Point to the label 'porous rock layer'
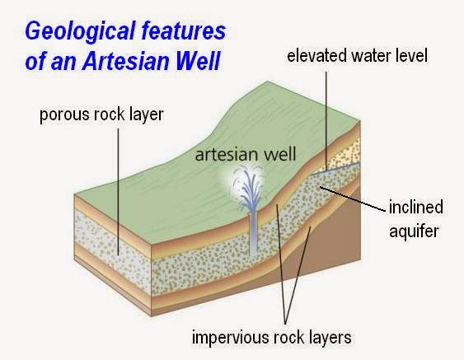click(x=101, y=115)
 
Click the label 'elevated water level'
click(x=357, y=56)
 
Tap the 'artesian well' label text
click(x=246, y=154)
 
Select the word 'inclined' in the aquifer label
click(x=415, y=207)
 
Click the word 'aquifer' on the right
click(x=414, y=231)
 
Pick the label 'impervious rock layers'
click(x=272, y=337)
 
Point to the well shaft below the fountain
click(x=252, y=234)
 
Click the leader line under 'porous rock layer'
click(x=118, y=191)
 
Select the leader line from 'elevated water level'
click(x=326, y=121)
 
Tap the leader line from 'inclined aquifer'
click(x=352, y=199)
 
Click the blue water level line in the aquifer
click(x=336, y=168)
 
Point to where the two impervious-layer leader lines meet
click(x=285, y=323)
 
